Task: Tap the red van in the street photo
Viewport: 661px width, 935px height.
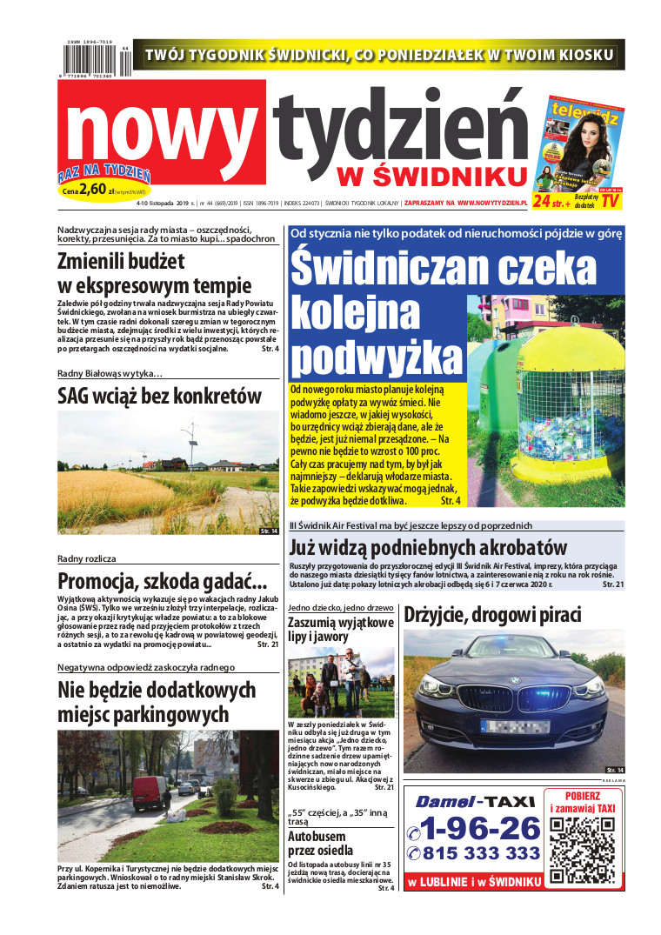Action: click(x=150, y=792)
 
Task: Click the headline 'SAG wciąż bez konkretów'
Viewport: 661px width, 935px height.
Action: click(x=159, y=397)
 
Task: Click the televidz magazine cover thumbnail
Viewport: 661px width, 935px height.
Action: click(x=585, y=140)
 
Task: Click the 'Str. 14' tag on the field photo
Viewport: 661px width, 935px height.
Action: click(x=269, y=531)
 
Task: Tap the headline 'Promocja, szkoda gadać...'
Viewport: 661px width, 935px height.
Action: click(x=162, y=581)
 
